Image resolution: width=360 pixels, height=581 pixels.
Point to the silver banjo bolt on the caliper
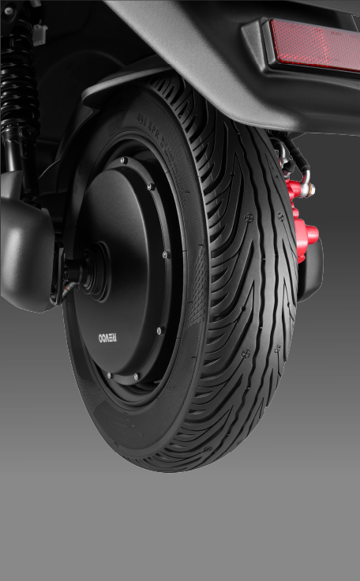(x=309, y=189)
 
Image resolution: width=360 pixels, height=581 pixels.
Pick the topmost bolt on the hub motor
(x=123, y=161)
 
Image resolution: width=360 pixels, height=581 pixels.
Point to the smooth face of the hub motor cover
(x=126, y=261)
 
